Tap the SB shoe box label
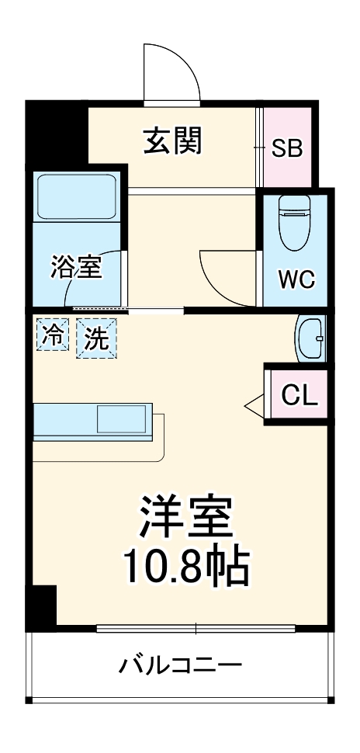286,147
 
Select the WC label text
296,279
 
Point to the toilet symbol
294,220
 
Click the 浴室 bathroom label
77,267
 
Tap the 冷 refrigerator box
54,336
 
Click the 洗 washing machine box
97,339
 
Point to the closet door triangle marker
254,404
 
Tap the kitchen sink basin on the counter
122,419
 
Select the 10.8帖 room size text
187,568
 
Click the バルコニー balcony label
180,665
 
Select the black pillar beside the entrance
56,131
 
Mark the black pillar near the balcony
43,607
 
